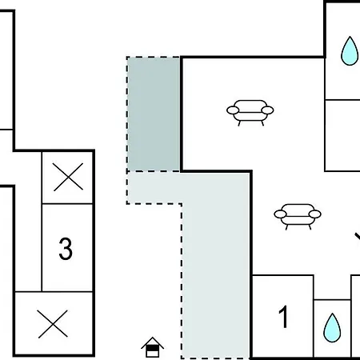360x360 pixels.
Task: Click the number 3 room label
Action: point(66,249)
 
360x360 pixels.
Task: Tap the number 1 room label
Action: point(284,317)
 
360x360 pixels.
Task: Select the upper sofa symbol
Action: point(250,113)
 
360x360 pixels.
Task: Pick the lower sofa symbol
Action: point(298,217)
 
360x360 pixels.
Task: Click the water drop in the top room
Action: point(350,51)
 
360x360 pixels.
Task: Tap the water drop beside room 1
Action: point(332,328)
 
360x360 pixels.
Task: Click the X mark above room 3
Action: point(68,177)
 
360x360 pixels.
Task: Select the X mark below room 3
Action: point(53,324)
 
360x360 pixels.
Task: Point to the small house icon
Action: point(153,347)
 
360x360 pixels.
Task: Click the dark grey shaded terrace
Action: point(154,114)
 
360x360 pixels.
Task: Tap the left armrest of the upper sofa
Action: point(233,110)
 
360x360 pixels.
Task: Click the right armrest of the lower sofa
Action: point(315,214)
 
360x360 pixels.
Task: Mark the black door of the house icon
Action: point(153,348)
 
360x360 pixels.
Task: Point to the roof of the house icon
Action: point(153,342)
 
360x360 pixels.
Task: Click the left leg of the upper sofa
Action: point(239,123)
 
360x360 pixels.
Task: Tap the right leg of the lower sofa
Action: point(310,227)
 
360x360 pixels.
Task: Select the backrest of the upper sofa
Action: point(250,104)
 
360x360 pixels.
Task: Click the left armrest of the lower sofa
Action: point(280,214)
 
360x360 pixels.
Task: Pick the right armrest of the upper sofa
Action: point(267,110)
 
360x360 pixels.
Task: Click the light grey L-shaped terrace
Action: point(216,266)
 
